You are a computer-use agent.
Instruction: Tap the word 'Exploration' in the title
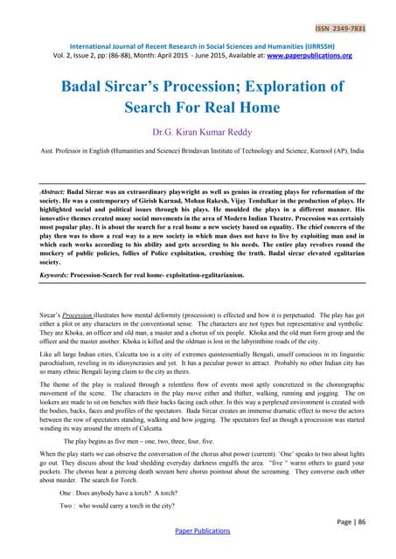(288, 87)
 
